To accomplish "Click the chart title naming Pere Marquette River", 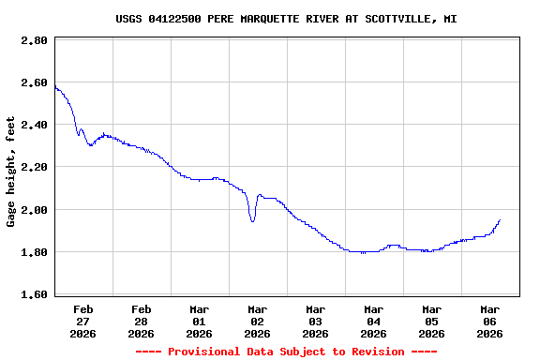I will pyautogui.click(x=286, y=19).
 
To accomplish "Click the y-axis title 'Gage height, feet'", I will pyautogui.click(x=11, y=172).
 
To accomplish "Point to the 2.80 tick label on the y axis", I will pyautogui.click(x=35, y=40).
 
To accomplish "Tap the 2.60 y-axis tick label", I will pyautogui.click(x=35, y=82).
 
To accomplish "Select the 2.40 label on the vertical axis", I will pyautogui.click(x=35, y=125).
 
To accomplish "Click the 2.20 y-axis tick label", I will pyautogui.click(x=35, y=167).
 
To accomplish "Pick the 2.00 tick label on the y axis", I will pyautogui.click(x=35, y=210).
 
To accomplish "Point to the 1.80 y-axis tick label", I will pyautogui.click(x=35, y=252).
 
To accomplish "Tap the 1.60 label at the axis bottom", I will pyautogui.click(x=35, y=294).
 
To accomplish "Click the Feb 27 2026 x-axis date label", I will pyautogui.click(x=83, y=321).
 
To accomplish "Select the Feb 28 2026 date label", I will pyautogui.click(x=142, y=321).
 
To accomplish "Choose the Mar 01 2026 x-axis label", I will pyautogui.click(x=200, y=321).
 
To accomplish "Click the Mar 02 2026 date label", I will pyautogui.click(x=258, y=321).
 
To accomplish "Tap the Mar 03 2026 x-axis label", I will pyautogui.click(x=316, y=321).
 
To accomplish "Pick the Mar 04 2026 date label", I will pyautogui.click(x=374, y=321).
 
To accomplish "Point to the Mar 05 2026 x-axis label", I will pyautogui.click(x=432, y=321).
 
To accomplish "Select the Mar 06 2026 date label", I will pyautogui.click(x=490, y=321).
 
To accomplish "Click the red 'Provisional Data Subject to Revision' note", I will pyautogui.click(x=286, y=352).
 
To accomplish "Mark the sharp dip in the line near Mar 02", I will pyautogui.click(x=252, y=220).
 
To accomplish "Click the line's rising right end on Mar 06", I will pyautogui.click(x=500, y=220).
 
